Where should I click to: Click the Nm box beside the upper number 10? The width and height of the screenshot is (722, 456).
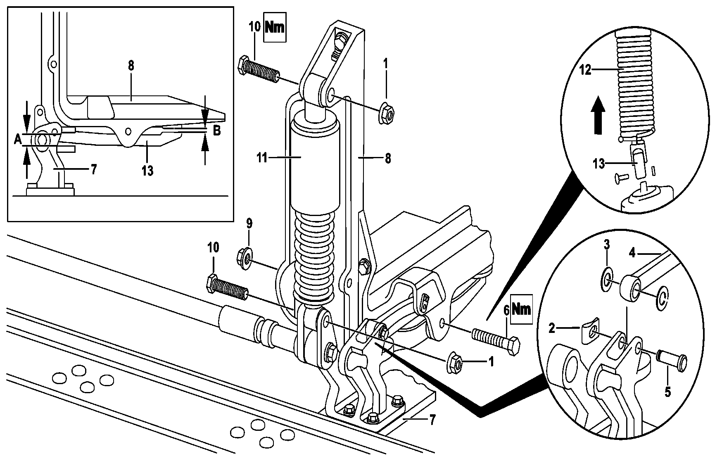[275, 28]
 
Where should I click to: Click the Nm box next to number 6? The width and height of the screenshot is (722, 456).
[521, 308]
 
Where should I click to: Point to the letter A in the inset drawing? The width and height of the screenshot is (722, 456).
[17, 140]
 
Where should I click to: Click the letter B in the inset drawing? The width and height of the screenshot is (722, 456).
[217, 131]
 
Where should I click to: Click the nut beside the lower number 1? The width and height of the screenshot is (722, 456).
[455, 362]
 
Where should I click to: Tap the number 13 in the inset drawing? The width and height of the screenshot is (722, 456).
[147, 170]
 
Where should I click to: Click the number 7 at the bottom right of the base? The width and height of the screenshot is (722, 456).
[432, 420]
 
